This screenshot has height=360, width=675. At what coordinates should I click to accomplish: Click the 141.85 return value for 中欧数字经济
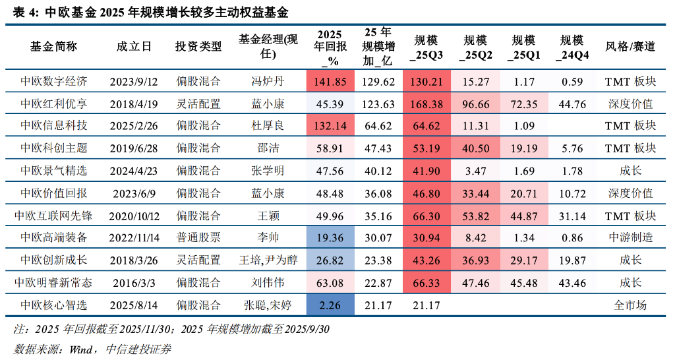(x=330, y=82)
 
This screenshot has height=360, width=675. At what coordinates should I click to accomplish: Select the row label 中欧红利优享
(x=53, y=104)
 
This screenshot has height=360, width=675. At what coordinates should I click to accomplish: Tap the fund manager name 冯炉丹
(x=268, y=82)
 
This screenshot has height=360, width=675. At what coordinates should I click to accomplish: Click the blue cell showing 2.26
(x=330, y=305)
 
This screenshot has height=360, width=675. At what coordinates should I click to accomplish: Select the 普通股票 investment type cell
(x=198, y=238)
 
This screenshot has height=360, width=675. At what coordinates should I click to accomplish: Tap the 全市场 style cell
(x=630, y=305)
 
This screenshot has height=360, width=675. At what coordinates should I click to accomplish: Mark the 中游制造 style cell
(x=630, y=238)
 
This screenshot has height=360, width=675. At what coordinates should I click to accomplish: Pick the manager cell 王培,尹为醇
(x=268, y=260)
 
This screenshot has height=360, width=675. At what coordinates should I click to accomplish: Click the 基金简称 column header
(x=53, y=47)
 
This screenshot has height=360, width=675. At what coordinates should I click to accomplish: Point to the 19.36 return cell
(x=330, y=238)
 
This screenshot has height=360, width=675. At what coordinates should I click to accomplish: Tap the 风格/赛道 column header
(x=630, y=47)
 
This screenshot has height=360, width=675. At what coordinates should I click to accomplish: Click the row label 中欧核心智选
(x=53, y=305)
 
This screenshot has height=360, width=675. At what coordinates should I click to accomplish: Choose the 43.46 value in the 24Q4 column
(x=573, y=283)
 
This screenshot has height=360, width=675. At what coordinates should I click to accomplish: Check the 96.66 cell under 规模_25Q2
(x=476, y=104)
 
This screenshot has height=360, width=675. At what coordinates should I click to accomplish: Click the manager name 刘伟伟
(x=268, y=283)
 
